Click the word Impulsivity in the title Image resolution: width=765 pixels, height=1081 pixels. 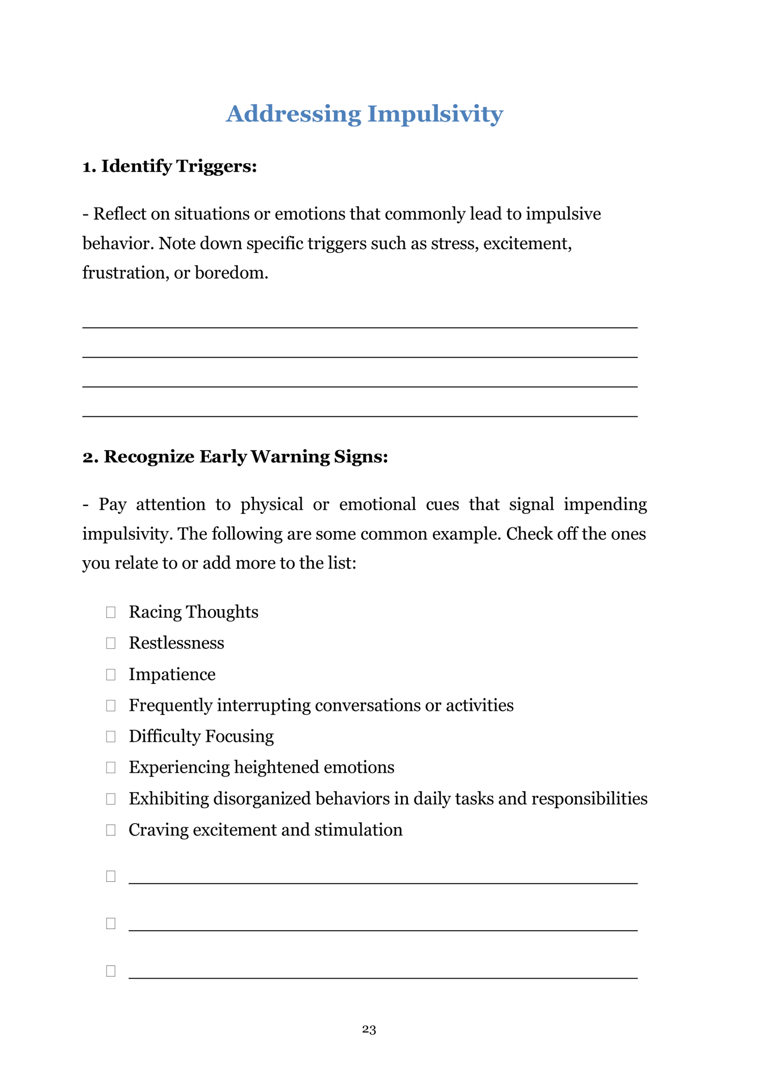coord(435,114)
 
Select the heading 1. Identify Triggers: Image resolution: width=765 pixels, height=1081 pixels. coord(169,166)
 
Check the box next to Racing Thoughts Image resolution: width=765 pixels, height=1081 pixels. coord(111,612)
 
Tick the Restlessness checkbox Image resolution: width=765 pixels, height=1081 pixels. coord(111,643)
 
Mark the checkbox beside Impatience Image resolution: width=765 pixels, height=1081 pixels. coord(111,675)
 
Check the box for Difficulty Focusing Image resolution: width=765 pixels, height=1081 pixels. coord(111,736)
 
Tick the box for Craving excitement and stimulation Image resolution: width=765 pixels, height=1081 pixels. coord(111,830)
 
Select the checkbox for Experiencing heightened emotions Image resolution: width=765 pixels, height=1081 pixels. coord(111,768)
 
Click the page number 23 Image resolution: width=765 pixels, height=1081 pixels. coord(369,1030)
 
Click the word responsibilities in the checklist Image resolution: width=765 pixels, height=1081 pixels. coord(589,799)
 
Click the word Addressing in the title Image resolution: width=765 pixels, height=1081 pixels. coord(293,114)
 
